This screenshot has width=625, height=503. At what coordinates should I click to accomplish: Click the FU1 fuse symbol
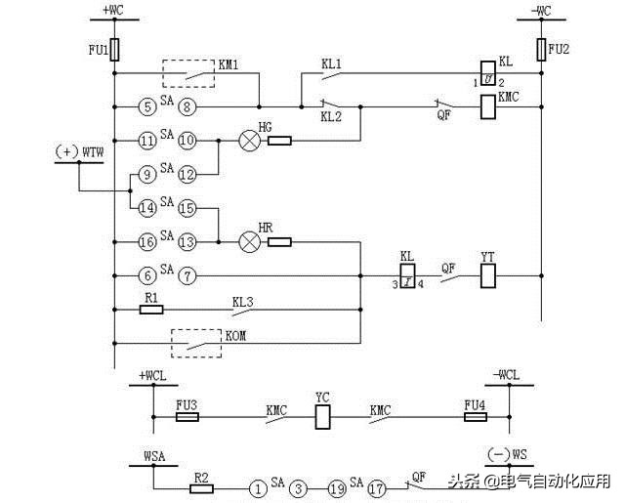(115, 49)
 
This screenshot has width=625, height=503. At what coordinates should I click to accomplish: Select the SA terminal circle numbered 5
(146, 106)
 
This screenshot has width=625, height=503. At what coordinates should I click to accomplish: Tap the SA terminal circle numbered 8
(187, 106)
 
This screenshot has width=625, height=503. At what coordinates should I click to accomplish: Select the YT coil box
(488, 276)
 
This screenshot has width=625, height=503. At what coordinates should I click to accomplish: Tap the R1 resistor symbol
(151, 310)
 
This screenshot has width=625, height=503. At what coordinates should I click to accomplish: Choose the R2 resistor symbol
(201, 486)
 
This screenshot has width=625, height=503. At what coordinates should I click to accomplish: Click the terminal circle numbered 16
(146, 241)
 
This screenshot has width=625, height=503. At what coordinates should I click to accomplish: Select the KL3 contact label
(243, 302)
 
